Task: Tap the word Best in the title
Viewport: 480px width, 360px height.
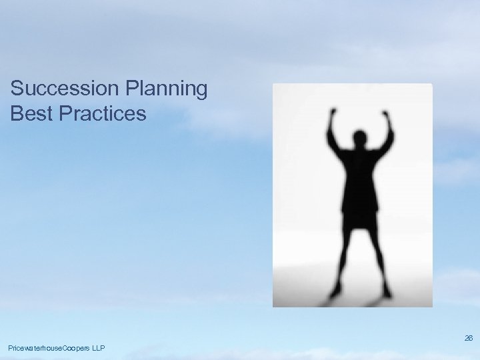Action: [31, 113]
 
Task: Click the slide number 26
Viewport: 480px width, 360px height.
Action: [469, 339]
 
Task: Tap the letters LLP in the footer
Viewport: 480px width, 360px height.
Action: [97, 349]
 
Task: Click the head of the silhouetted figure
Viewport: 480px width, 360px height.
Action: [361, 139]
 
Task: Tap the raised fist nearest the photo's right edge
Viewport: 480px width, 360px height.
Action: [385, 115]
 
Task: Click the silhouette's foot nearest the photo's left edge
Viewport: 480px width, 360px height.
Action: [336, 291]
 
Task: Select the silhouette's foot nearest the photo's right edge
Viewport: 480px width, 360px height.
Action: [386, 291]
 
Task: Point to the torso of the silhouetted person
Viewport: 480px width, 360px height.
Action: [361, 177]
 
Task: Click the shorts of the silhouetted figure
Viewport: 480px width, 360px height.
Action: [361, 217]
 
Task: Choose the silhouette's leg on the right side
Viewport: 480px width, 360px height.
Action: [377, 257]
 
